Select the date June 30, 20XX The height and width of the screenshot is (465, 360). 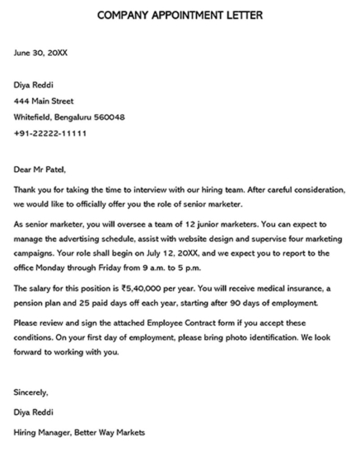40,52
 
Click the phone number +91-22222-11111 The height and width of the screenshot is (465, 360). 50,133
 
